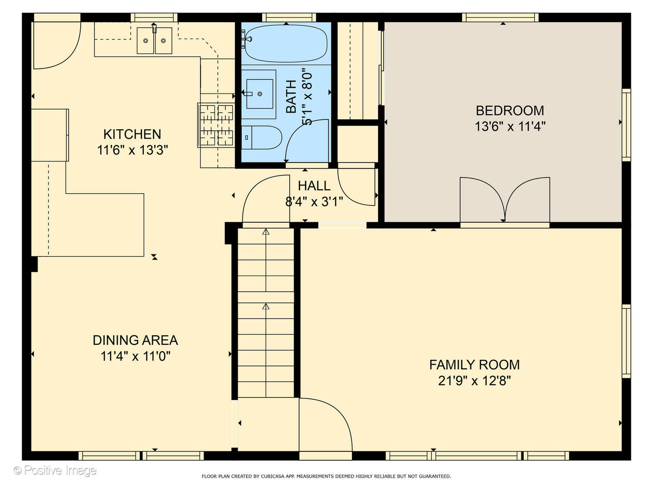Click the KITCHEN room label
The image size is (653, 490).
click(132, 134)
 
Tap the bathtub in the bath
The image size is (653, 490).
click(286, 44)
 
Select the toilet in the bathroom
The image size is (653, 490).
click(261, 137)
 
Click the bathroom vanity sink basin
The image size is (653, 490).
click(260, 94)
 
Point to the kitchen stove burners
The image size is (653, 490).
click(216, 125)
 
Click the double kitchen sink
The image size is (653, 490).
click(154, 41)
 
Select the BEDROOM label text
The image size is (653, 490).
click(510, 111)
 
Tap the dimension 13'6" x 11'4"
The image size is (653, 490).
click(510, 127)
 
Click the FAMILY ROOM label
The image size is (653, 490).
click(474, 365)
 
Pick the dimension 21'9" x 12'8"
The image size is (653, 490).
click(474, 381)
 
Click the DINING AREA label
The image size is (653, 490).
click(135, 340)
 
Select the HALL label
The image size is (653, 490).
click(314, 186)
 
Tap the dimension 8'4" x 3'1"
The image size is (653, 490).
click(314, 202)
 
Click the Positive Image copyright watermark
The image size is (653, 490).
click(55, 470)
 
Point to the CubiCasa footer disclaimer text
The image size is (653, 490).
click(326, 476)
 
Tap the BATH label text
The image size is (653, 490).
click(291, 96)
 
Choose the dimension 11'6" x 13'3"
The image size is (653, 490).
click(133, 150)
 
